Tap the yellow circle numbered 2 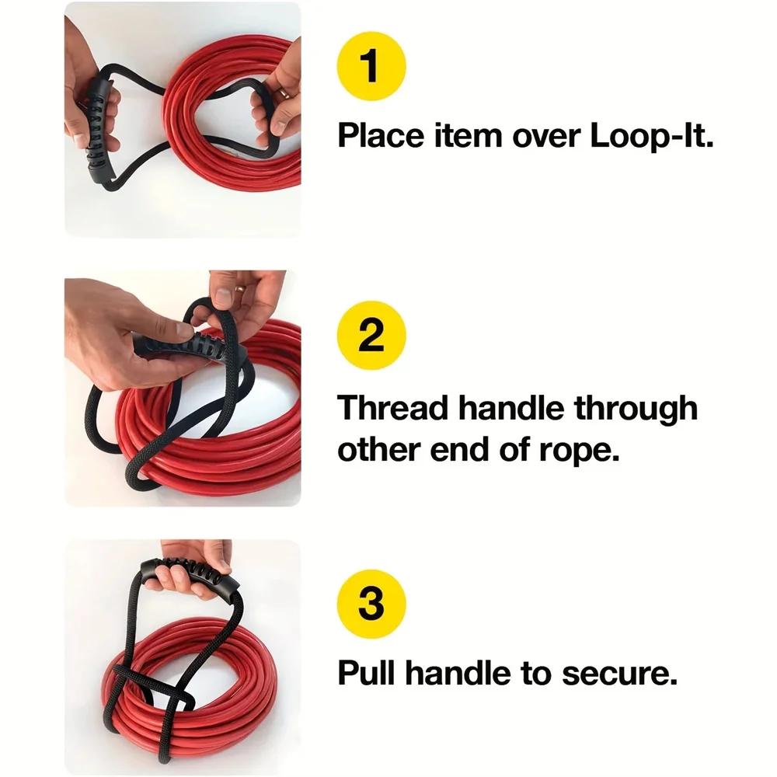[371, 336]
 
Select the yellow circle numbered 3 [371, 605]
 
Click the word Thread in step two [392, 408]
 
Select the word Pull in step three [368, 674]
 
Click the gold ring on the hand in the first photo [284, 92]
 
